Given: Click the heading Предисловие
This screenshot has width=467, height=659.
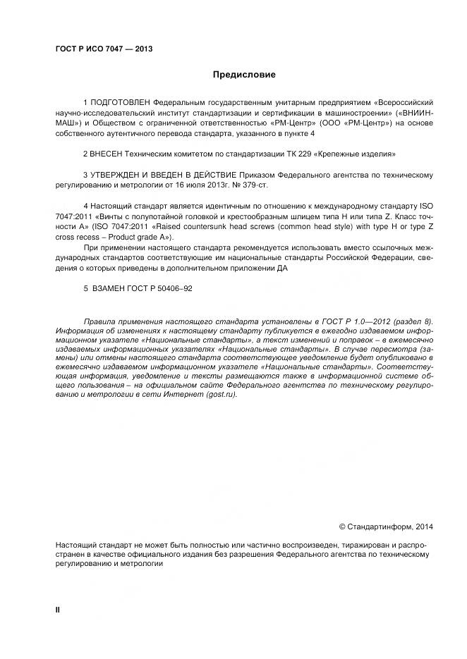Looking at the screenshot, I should click(x=244, y=74).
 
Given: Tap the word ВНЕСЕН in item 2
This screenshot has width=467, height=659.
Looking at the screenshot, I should click(x=107, y=153).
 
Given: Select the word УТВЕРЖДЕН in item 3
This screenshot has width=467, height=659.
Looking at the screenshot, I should click(x=116, y=174).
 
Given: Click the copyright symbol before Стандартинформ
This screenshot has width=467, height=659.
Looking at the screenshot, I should click(x=342, y=526).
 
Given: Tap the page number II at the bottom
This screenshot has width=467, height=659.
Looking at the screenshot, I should click(x=57, y=608).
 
